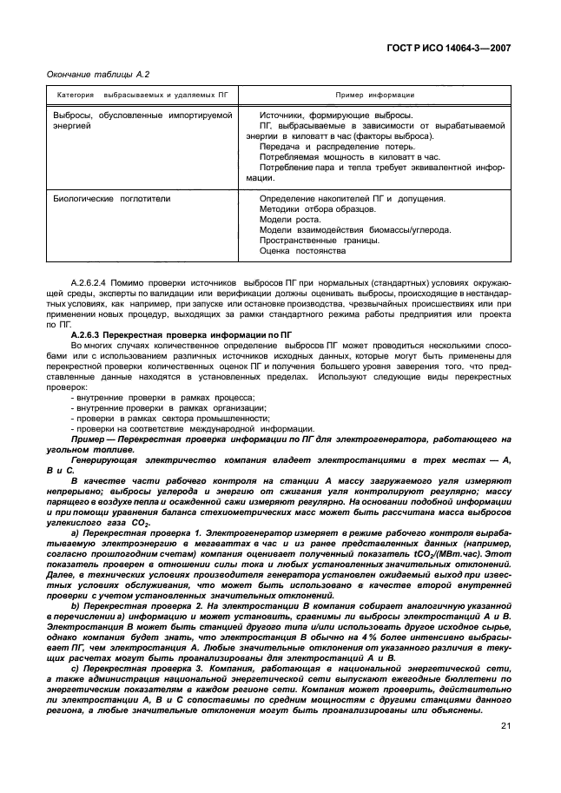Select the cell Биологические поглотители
(112, 199)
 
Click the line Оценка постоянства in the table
(303, 251)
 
